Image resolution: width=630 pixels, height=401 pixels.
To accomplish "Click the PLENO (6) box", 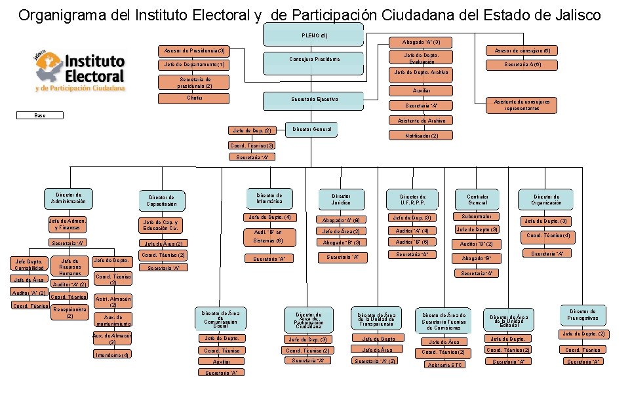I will pyautogui.click(x=313, y=35).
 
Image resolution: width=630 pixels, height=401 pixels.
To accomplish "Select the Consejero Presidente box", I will pyautogui.click(x=313, y=60).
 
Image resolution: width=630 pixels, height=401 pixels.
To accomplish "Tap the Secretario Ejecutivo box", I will pyautogui.click(x=313, y=99).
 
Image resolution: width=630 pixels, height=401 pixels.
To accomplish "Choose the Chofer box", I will pyautogui.click(x=195, y=98).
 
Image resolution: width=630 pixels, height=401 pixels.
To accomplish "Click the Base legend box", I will pyautogui.click(x=41, y=115).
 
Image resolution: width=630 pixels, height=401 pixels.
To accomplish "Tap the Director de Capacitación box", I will pyautogui.click(x=162, y=200).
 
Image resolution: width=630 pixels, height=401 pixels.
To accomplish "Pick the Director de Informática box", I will pyautogui.click(x=269, y=198).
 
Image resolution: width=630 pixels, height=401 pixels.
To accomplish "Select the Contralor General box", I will pyautogui.click(x=477, y=199).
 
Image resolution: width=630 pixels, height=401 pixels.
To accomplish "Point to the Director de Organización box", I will pyautogui.click(x=547, y=199).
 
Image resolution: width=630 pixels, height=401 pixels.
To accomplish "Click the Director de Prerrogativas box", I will pyautogui.click(x=583, y=315).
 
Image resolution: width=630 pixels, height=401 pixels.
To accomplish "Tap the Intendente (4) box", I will pyautogui.click(x=113, y=354).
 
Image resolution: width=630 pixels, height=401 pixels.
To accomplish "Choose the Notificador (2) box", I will pyautogui.click(x=422, y=136).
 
